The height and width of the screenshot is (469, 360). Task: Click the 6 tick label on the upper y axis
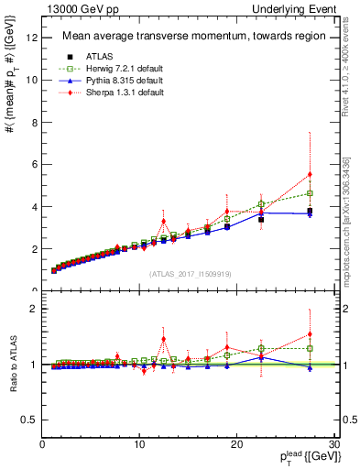coord(34,165)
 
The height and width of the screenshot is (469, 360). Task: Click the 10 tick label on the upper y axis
coord(32,80)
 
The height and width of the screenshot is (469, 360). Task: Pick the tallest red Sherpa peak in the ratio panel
coord(163,339)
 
